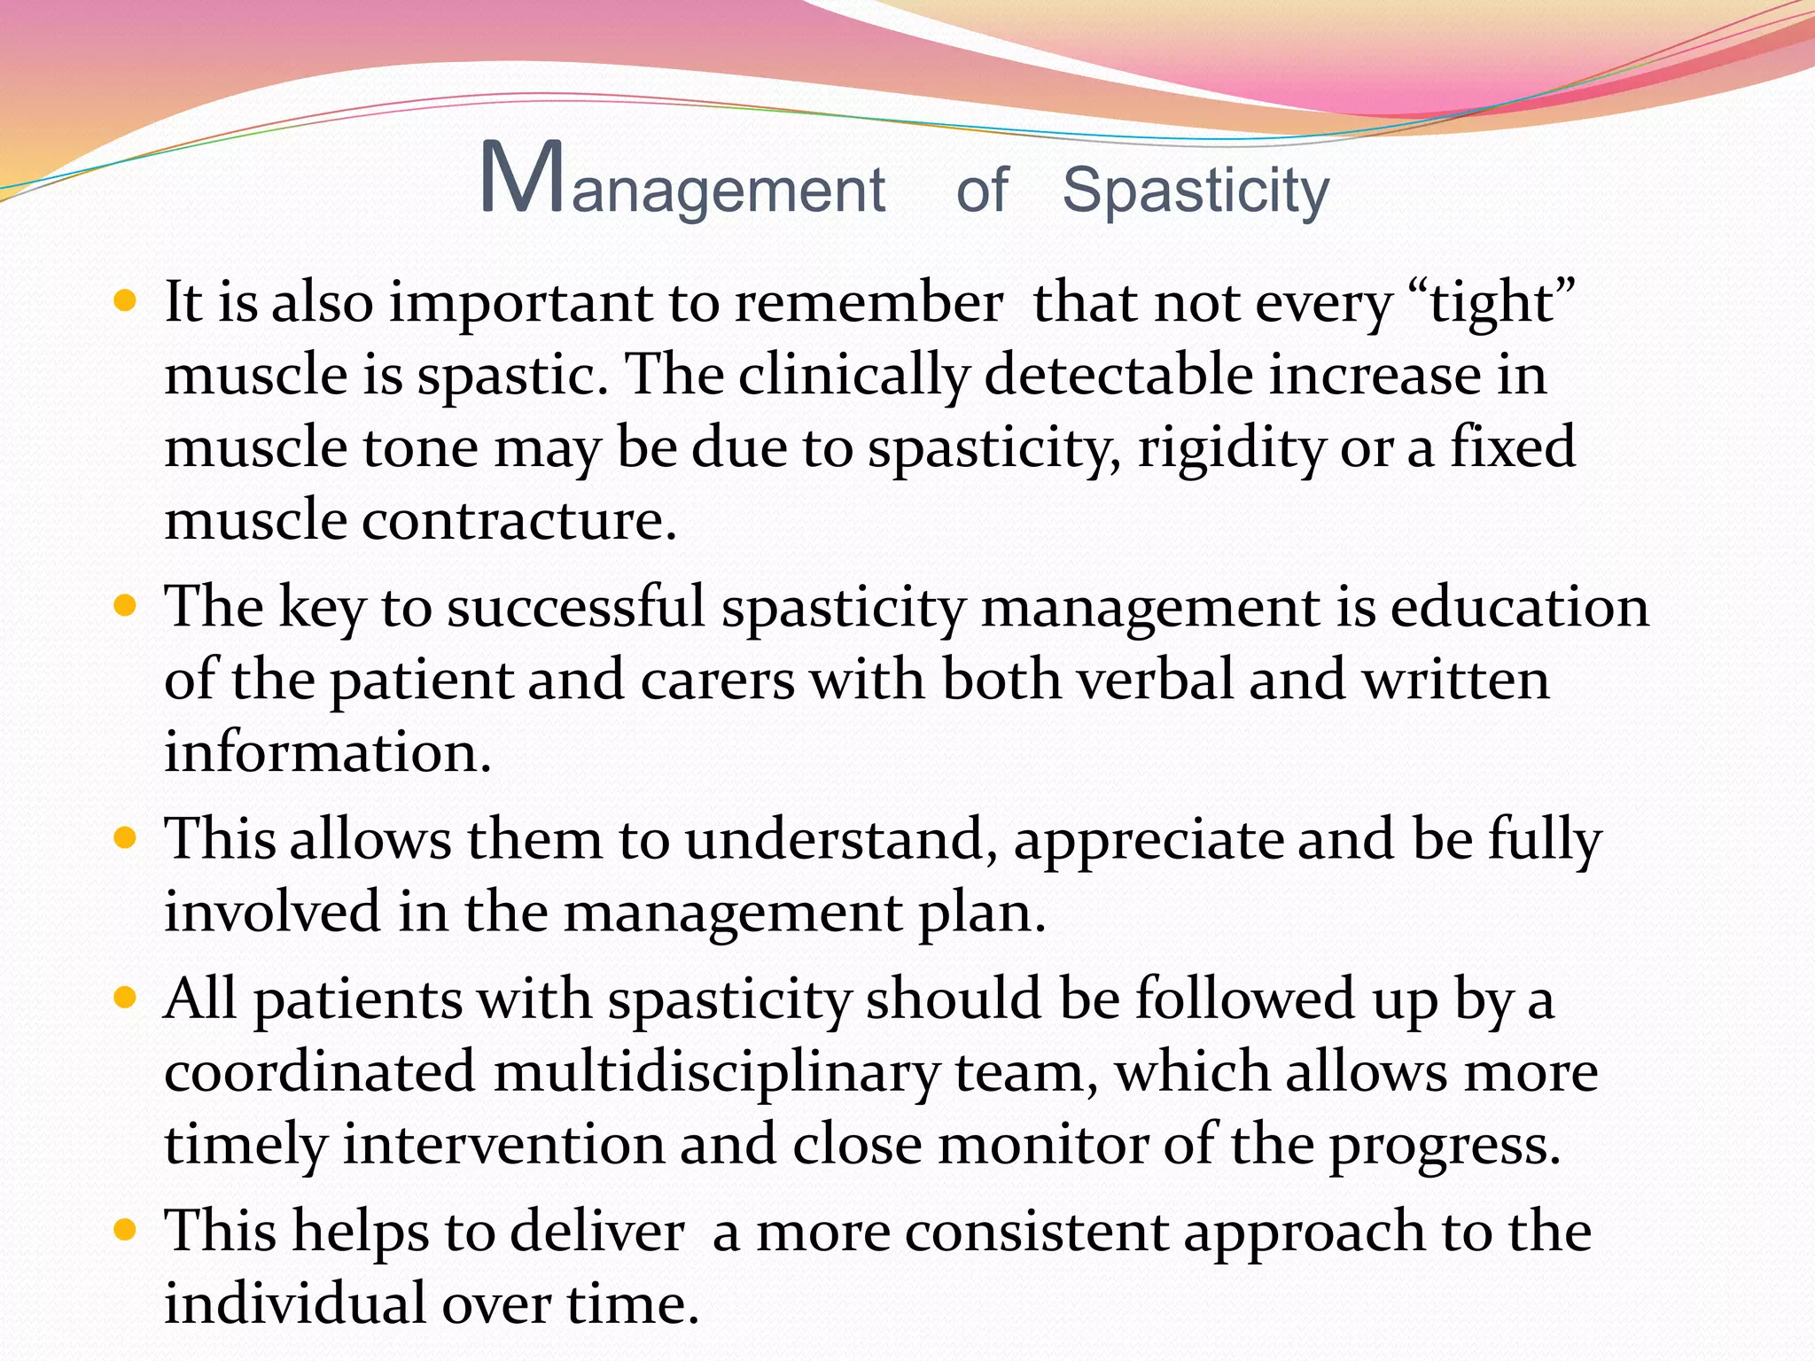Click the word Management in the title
[682, 182]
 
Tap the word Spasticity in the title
[1196, 191]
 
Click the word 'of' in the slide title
[981, 190]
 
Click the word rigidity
[1231, 448]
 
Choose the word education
[1519, 608]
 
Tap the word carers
[717, 680]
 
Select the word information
[327, 752]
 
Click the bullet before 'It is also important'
[126, 301]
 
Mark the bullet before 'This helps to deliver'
[126, 1231]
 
